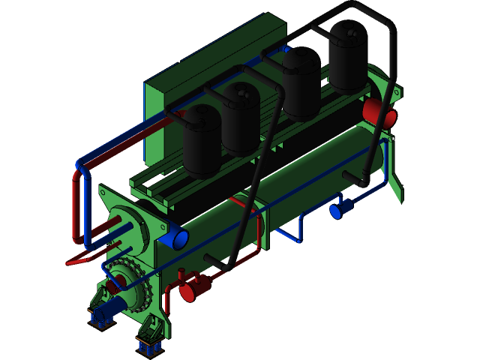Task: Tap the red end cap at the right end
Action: click(379, 112)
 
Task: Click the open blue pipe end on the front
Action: click(181, 238)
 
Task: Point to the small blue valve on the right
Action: click(337, 211)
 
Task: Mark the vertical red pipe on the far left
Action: click(77, 206)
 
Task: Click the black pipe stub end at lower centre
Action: click(210, 259)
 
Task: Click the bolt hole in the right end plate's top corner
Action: click(397, 93)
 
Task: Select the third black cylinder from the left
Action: click(301, 82)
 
